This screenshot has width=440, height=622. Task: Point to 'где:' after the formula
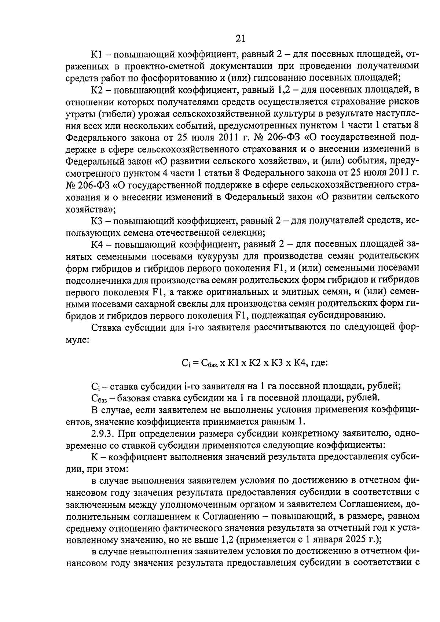pos(319,363)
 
